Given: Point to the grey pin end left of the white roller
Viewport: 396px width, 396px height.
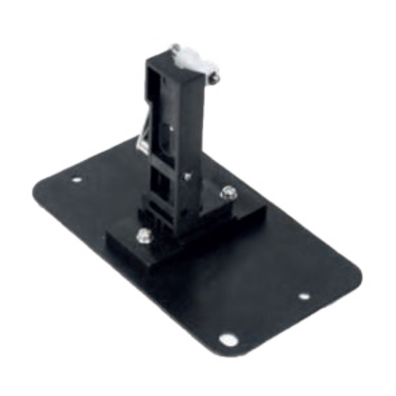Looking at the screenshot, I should click(175, 48).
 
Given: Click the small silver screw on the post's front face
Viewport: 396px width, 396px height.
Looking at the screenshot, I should click(187, 177).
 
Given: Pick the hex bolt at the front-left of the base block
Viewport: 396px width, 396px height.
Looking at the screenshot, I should click(144, 236).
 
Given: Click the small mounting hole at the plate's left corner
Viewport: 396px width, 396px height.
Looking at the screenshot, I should click(77, 180).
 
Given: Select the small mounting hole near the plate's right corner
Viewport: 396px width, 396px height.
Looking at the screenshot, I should click(303, 296).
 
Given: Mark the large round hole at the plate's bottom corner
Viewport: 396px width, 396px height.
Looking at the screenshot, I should click(227, 340).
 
